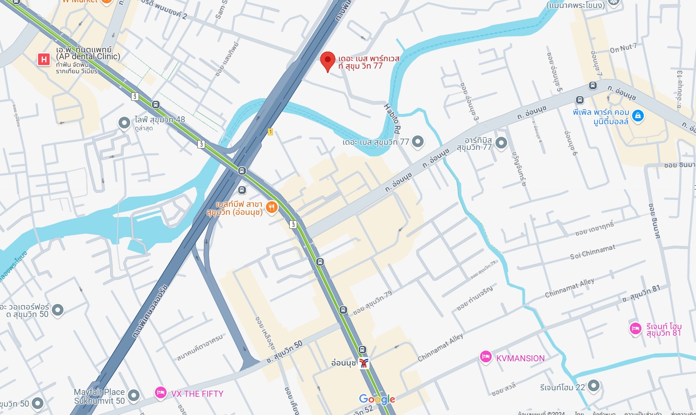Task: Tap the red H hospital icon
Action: [x=44, y=59]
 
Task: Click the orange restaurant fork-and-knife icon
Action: [x=271, y=207]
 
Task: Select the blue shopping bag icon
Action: [x=638, y=116]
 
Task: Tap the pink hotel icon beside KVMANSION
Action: [x=486, y=357]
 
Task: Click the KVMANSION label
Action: [x=520, y=359]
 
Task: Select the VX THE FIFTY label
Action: [x=197, y=394]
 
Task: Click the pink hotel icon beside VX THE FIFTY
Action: [x=160, y=393]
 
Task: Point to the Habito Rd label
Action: [x=392, y=119]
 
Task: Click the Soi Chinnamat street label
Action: [x=592, y=253]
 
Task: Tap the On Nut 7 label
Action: [x=623, y=48]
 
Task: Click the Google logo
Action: [x=377, y=399]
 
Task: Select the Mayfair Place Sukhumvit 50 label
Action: [x=99, y=396]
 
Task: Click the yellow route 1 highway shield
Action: [x=270, y=132]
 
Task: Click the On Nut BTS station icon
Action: [x=364, y=363]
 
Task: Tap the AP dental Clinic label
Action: [x=88, y=56]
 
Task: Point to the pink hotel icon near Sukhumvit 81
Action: [x=635, y=329]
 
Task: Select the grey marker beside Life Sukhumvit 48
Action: [x=124, y=123]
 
